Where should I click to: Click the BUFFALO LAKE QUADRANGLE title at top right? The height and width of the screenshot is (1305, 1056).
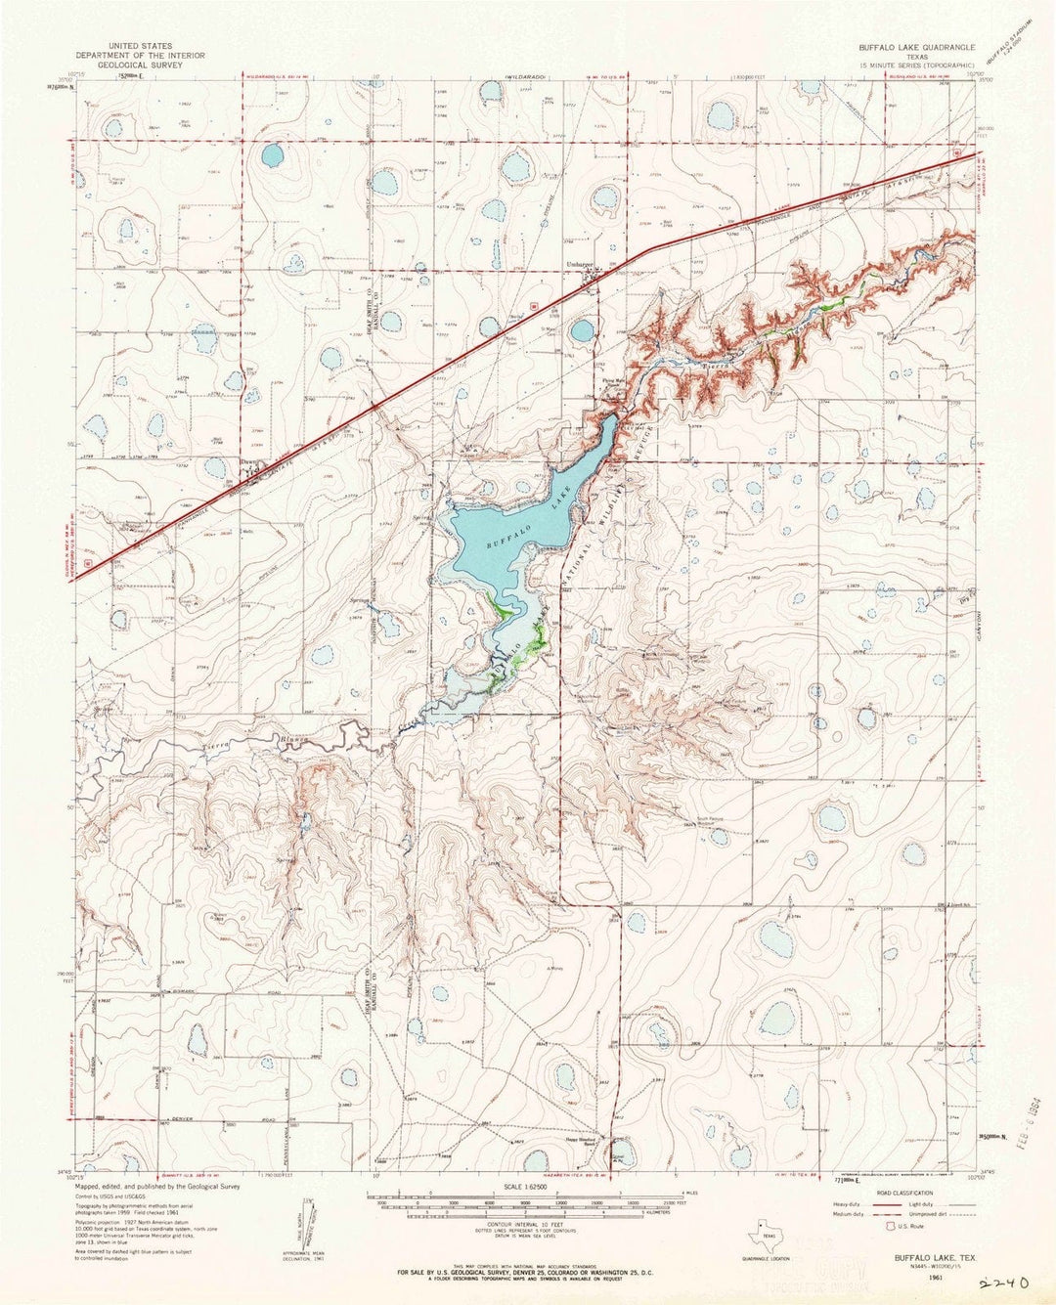(905, 46)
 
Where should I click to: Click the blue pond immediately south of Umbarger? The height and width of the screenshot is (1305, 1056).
(582, 330)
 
